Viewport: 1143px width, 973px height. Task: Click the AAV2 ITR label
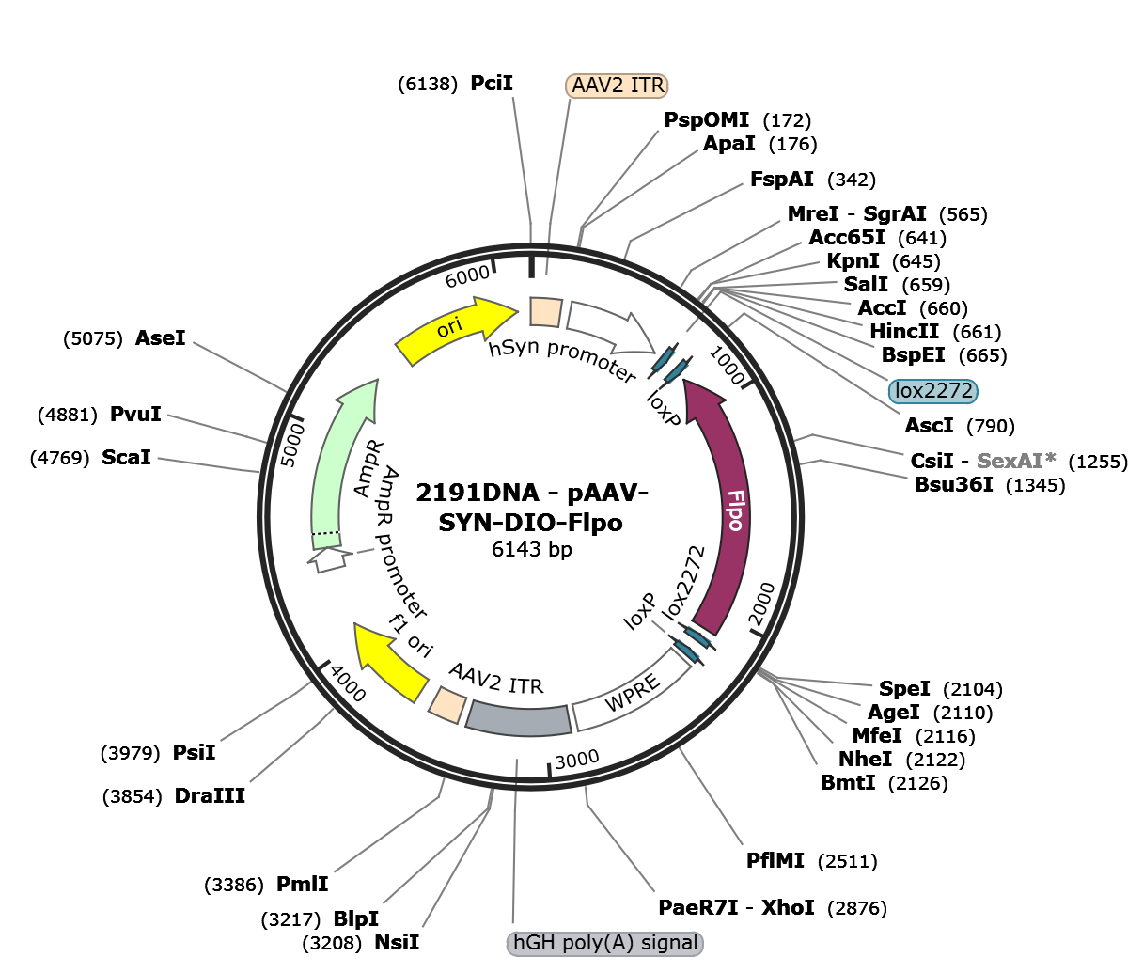point(618,86)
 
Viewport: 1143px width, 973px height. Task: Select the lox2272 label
point(932,391)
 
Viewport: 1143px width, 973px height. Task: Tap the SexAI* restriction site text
point(1016,461)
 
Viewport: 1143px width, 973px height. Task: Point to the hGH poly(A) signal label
point(605,943)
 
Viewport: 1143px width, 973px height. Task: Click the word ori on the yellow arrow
point(449,327)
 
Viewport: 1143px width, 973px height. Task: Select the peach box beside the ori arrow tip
point(545,312)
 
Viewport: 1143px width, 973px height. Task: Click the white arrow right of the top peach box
point(602,323)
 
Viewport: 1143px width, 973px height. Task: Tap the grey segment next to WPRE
point(520,719)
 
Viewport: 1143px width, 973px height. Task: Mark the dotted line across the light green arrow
point(325,534)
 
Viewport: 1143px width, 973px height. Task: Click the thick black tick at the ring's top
point(531,262)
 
